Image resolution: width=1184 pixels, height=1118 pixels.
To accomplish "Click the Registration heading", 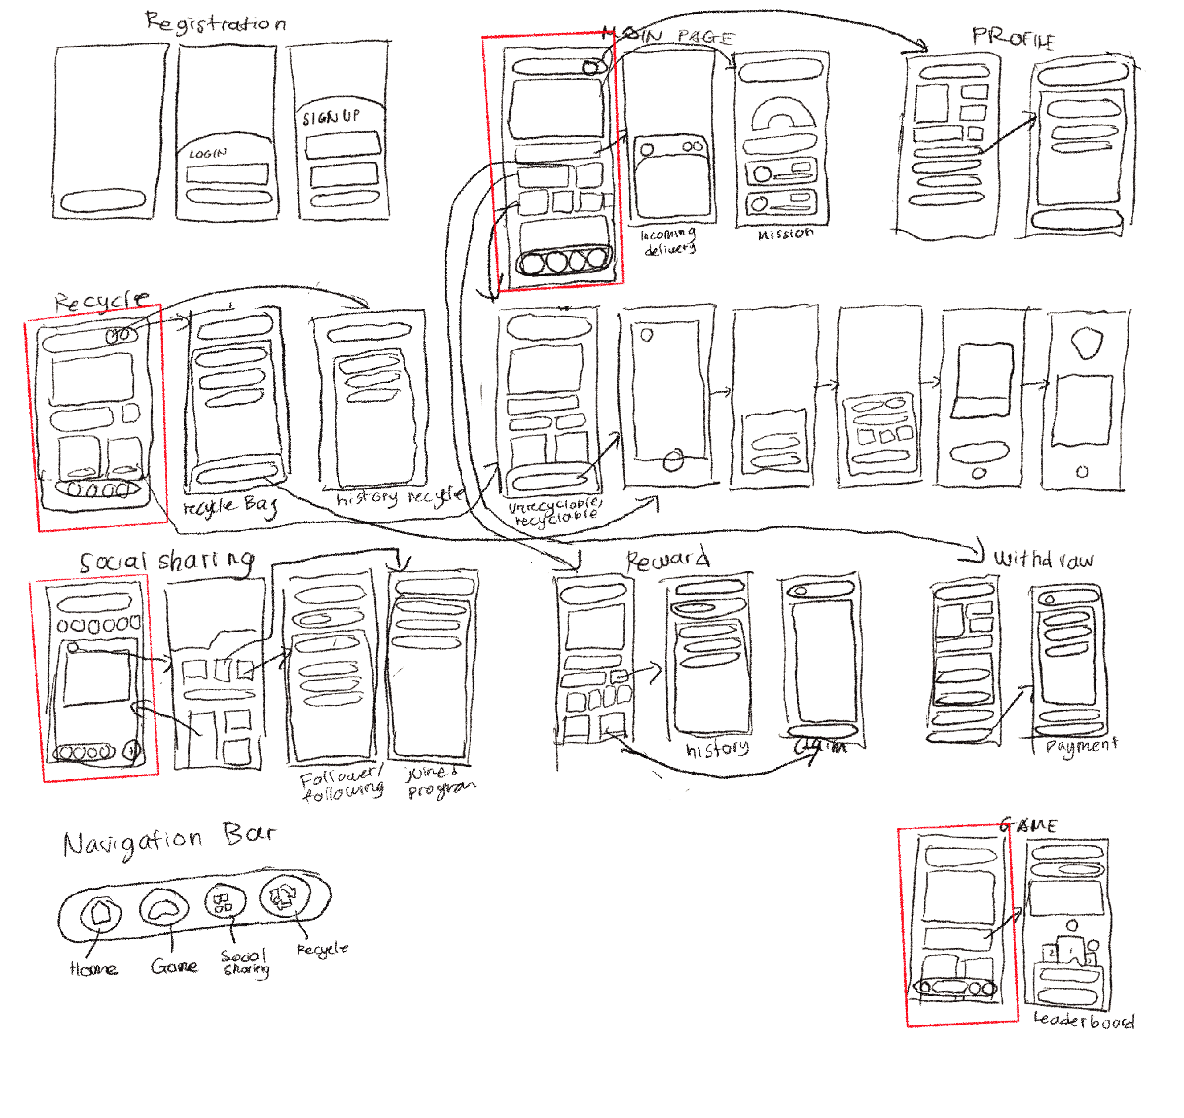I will click(x=216, y=23).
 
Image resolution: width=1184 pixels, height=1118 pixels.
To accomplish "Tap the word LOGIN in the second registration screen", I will click(x=208, y=154).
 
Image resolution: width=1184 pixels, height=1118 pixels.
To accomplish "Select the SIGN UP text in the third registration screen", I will click(x=331, y=116).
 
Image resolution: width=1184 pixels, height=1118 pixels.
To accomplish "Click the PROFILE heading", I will click(x=1013, y=38).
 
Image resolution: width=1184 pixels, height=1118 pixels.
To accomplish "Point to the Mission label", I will click(x=785, y=233).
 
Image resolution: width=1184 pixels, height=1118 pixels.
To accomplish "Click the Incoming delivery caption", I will click(x=669, y=242).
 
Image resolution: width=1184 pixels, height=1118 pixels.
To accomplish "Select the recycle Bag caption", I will click(x=230, y=507).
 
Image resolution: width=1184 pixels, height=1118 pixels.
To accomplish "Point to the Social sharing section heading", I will click(x=168, y=562).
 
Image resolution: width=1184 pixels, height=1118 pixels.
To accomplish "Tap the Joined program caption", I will click(x=440, y=781).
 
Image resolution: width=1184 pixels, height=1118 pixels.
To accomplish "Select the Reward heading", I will click(x=668, y=559).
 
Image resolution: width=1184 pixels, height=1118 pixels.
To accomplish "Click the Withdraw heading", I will click(x=1043, y=559).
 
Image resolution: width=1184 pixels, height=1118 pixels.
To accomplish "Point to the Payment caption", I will click(x=1081, y=746).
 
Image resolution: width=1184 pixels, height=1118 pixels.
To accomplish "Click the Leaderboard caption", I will click(x=1083, y=1020).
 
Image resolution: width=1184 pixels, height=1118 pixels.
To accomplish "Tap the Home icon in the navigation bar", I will click(x=101, y=912).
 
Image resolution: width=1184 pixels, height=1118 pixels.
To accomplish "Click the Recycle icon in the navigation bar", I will click(x=285, y=896).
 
